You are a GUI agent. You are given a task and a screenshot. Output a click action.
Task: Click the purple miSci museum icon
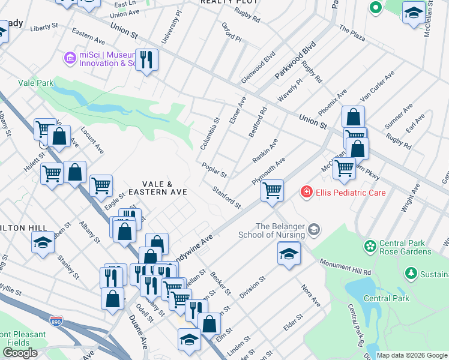(70, 58)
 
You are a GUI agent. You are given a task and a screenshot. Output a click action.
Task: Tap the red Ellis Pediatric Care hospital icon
(306, 193)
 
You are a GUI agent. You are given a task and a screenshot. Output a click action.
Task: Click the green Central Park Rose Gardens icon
(369, 246)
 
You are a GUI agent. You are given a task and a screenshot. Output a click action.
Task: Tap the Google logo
(19, 353)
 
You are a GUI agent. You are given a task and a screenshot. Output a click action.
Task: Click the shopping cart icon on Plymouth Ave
(273, 191)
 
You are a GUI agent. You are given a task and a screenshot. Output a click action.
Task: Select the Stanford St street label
(227, 197)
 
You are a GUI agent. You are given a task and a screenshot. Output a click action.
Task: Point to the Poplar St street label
(214, 170)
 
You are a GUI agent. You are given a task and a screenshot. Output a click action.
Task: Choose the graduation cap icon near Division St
(289, 253)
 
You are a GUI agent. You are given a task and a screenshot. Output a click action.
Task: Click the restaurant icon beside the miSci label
(147, 59)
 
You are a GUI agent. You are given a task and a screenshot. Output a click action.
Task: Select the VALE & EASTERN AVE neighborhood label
(156, 188)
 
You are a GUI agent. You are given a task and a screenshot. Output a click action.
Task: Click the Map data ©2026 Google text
(411, 355)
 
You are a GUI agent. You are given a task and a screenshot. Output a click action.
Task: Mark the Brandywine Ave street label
(198, 243)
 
